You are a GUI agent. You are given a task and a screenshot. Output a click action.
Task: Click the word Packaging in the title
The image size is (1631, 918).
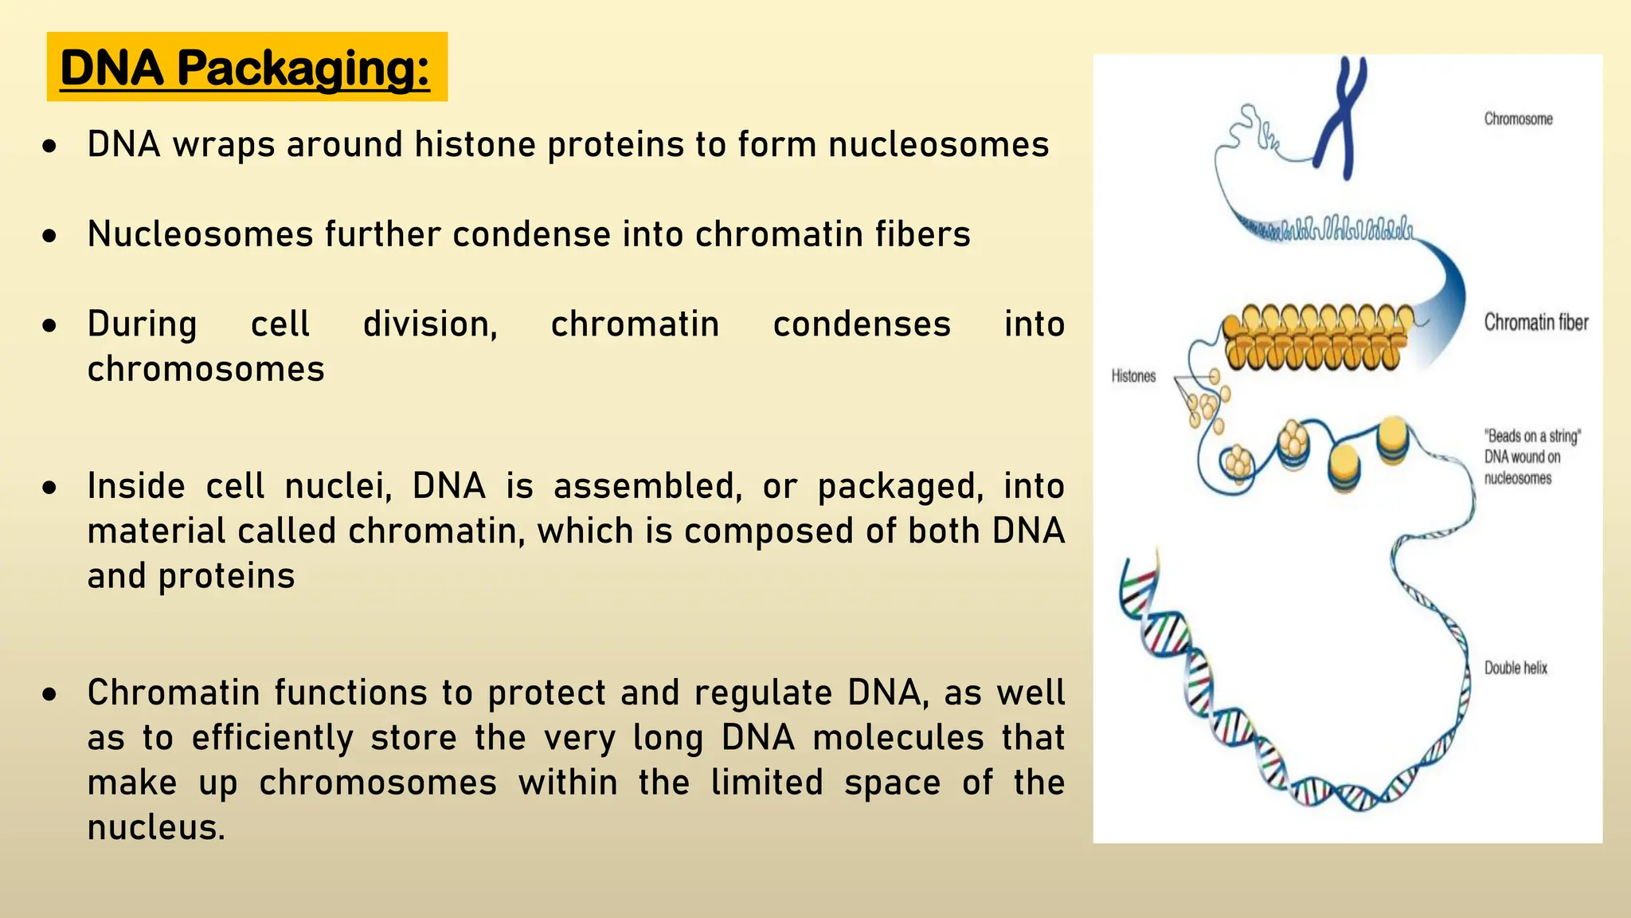coord(303,69)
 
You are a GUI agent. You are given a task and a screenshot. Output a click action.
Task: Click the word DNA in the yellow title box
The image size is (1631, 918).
coord(111,68)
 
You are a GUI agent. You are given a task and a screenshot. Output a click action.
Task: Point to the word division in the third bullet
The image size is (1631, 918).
coord(430,324)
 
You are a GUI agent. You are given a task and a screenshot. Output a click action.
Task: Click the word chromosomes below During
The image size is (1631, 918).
coord(205,369)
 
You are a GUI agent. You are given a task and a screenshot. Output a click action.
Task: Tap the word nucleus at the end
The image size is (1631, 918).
coord(156,827)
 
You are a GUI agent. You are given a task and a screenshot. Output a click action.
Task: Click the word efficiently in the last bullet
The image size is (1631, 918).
coord(272,738)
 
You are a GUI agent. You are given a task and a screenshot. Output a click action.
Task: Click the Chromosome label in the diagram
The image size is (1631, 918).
coord(1518,119)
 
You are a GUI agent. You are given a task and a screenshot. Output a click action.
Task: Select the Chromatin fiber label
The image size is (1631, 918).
coord(1535,322)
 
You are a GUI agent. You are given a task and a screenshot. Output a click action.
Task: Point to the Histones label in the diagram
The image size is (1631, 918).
coord(1133,376)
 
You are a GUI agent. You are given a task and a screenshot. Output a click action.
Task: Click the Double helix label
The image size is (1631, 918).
coord(1516,668)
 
